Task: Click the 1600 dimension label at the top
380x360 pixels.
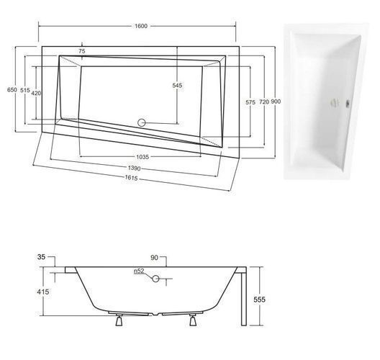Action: click(x=141, y=26)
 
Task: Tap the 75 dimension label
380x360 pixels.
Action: click(x=82, y=51)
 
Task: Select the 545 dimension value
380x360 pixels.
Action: click(x=177, y=86)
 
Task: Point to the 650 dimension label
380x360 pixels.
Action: click(x=12, y=90)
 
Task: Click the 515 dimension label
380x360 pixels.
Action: click(x=25, y=90)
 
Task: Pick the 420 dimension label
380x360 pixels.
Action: click(x=36, y=93)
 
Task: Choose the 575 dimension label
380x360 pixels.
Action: click(x=250, y=102)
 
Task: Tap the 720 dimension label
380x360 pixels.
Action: click(x=264, y=102)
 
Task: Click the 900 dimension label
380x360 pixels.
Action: click(x=276, y=102)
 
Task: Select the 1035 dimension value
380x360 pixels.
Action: click(x=142, y=157)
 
